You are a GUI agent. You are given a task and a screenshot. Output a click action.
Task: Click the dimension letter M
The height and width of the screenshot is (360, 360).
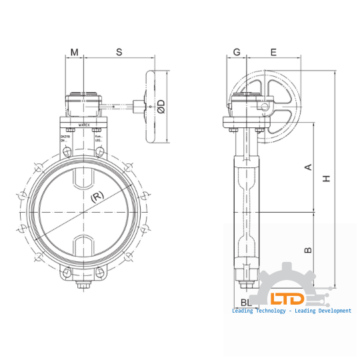point(74,51)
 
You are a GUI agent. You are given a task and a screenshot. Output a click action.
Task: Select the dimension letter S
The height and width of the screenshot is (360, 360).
point(119,51)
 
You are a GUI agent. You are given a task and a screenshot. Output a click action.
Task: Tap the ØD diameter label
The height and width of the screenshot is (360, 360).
point(161,105)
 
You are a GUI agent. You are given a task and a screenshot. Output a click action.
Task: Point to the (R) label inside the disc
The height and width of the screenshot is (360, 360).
point(97,197)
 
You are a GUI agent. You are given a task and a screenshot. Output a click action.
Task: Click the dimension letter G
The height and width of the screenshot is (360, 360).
point(236,51)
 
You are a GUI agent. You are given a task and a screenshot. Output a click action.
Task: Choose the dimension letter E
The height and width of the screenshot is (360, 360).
point(273,51)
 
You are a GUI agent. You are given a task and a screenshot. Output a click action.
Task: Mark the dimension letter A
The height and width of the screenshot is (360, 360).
point(308,167)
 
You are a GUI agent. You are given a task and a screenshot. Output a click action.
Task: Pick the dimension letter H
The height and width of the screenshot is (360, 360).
point(326,179)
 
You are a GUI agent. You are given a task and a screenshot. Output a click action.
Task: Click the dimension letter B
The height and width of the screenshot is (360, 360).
point(308,250)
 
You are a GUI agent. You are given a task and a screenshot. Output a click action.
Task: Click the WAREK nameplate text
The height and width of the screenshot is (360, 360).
point(84,125)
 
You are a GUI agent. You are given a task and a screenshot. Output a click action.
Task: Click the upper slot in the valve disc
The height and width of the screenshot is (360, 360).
point(83,179)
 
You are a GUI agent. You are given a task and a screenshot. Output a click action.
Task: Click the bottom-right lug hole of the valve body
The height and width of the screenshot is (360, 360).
point(101,272)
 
